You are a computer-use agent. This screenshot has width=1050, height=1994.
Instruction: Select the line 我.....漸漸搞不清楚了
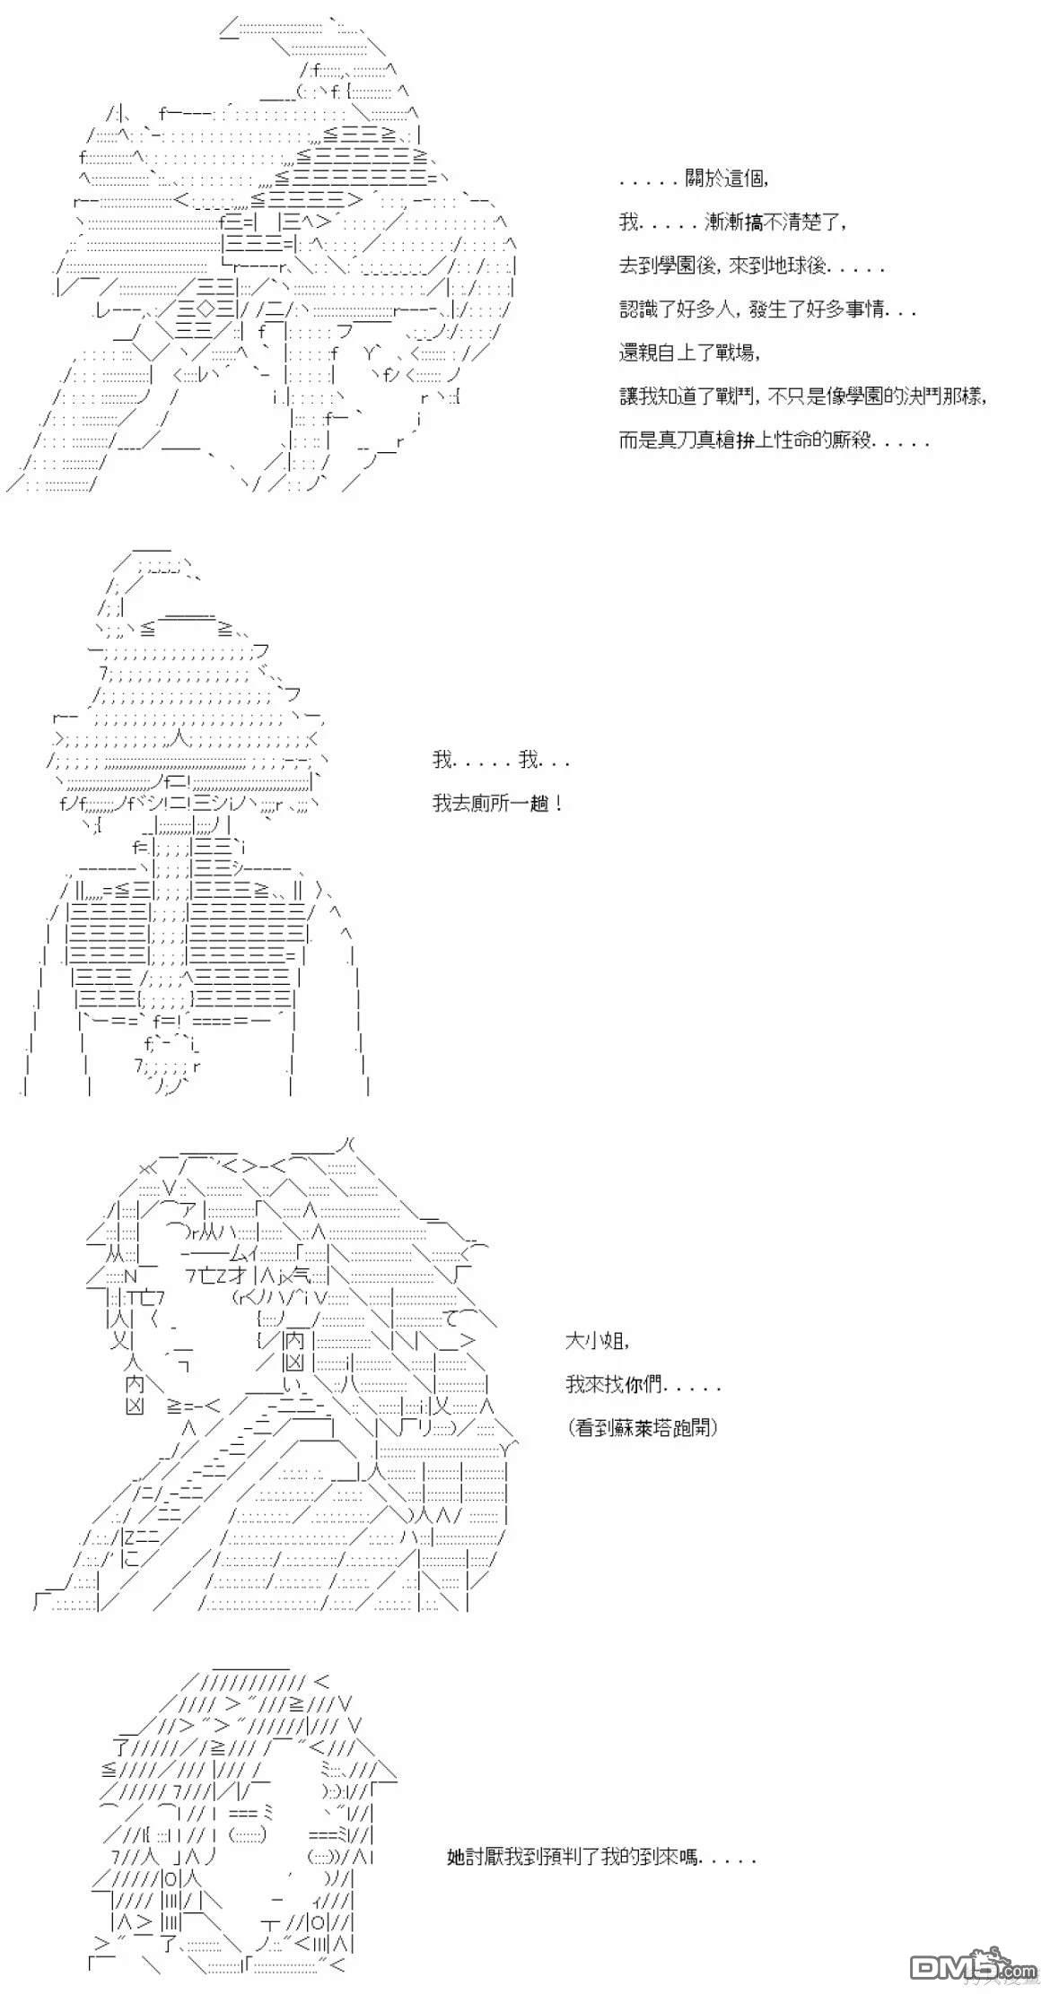pyautogui.click(x=732, y=222)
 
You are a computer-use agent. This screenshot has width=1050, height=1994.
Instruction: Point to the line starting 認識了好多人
pyautogui.click(x=767, y=309)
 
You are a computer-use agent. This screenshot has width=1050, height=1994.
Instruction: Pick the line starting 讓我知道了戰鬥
pyautogui.click(x=803, y=396)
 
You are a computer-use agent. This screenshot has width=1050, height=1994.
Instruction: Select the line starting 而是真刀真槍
pyautogui.click(x=774, y=440)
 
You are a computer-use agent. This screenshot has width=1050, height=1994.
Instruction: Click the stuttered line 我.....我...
pyautogui.click(x=501, y=761)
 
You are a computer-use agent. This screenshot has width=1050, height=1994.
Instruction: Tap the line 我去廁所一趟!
pyautogui.click(x=498, y=803)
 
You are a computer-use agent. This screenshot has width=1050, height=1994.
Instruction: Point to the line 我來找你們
pyautogui.click(x=643, y=1384)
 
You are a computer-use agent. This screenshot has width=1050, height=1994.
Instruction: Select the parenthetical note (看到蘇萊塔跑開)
pyautogui.click(x=643, y=1427)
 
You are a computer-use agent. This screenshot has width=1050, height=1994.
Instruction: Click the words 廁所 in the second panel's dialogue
pyautogui.click(x=490, y=803)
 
